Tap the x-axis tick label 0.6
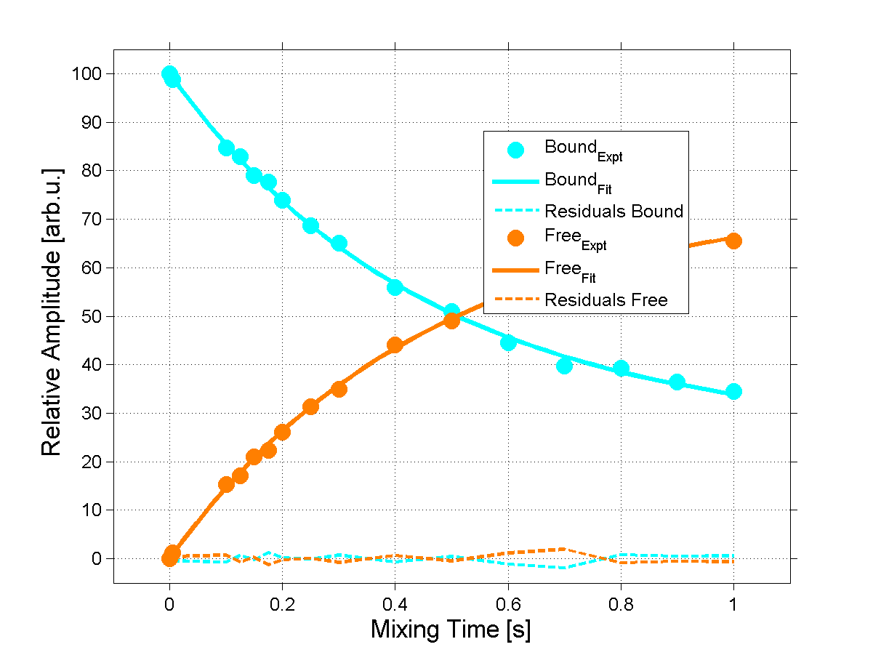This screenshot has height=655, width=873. point(508,603)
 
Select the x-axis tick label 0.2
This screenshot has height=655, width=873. point(282,603)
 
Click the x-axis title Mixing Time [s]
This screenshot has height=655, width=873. point(451,629)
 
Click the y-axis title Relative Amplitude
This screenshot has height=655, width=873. point(52,312)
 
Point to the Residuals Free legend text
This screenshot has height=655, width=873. point(606,300)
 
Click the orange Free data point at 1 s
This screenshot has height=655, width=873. point(733,241)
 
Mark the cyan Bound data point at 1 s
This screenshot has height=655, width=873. point(733,392)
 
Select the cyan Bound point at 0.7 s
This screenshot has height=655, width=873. point(564,366)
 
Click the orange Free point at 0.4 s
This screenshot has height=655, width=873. point(395,345)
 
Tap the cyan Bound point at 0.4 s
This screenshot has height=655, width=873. point(395,287)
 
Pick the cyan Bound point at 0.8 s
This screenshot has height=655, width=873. point(621,369)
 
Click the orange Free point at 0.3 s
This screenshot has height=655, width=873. point(339,389)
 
